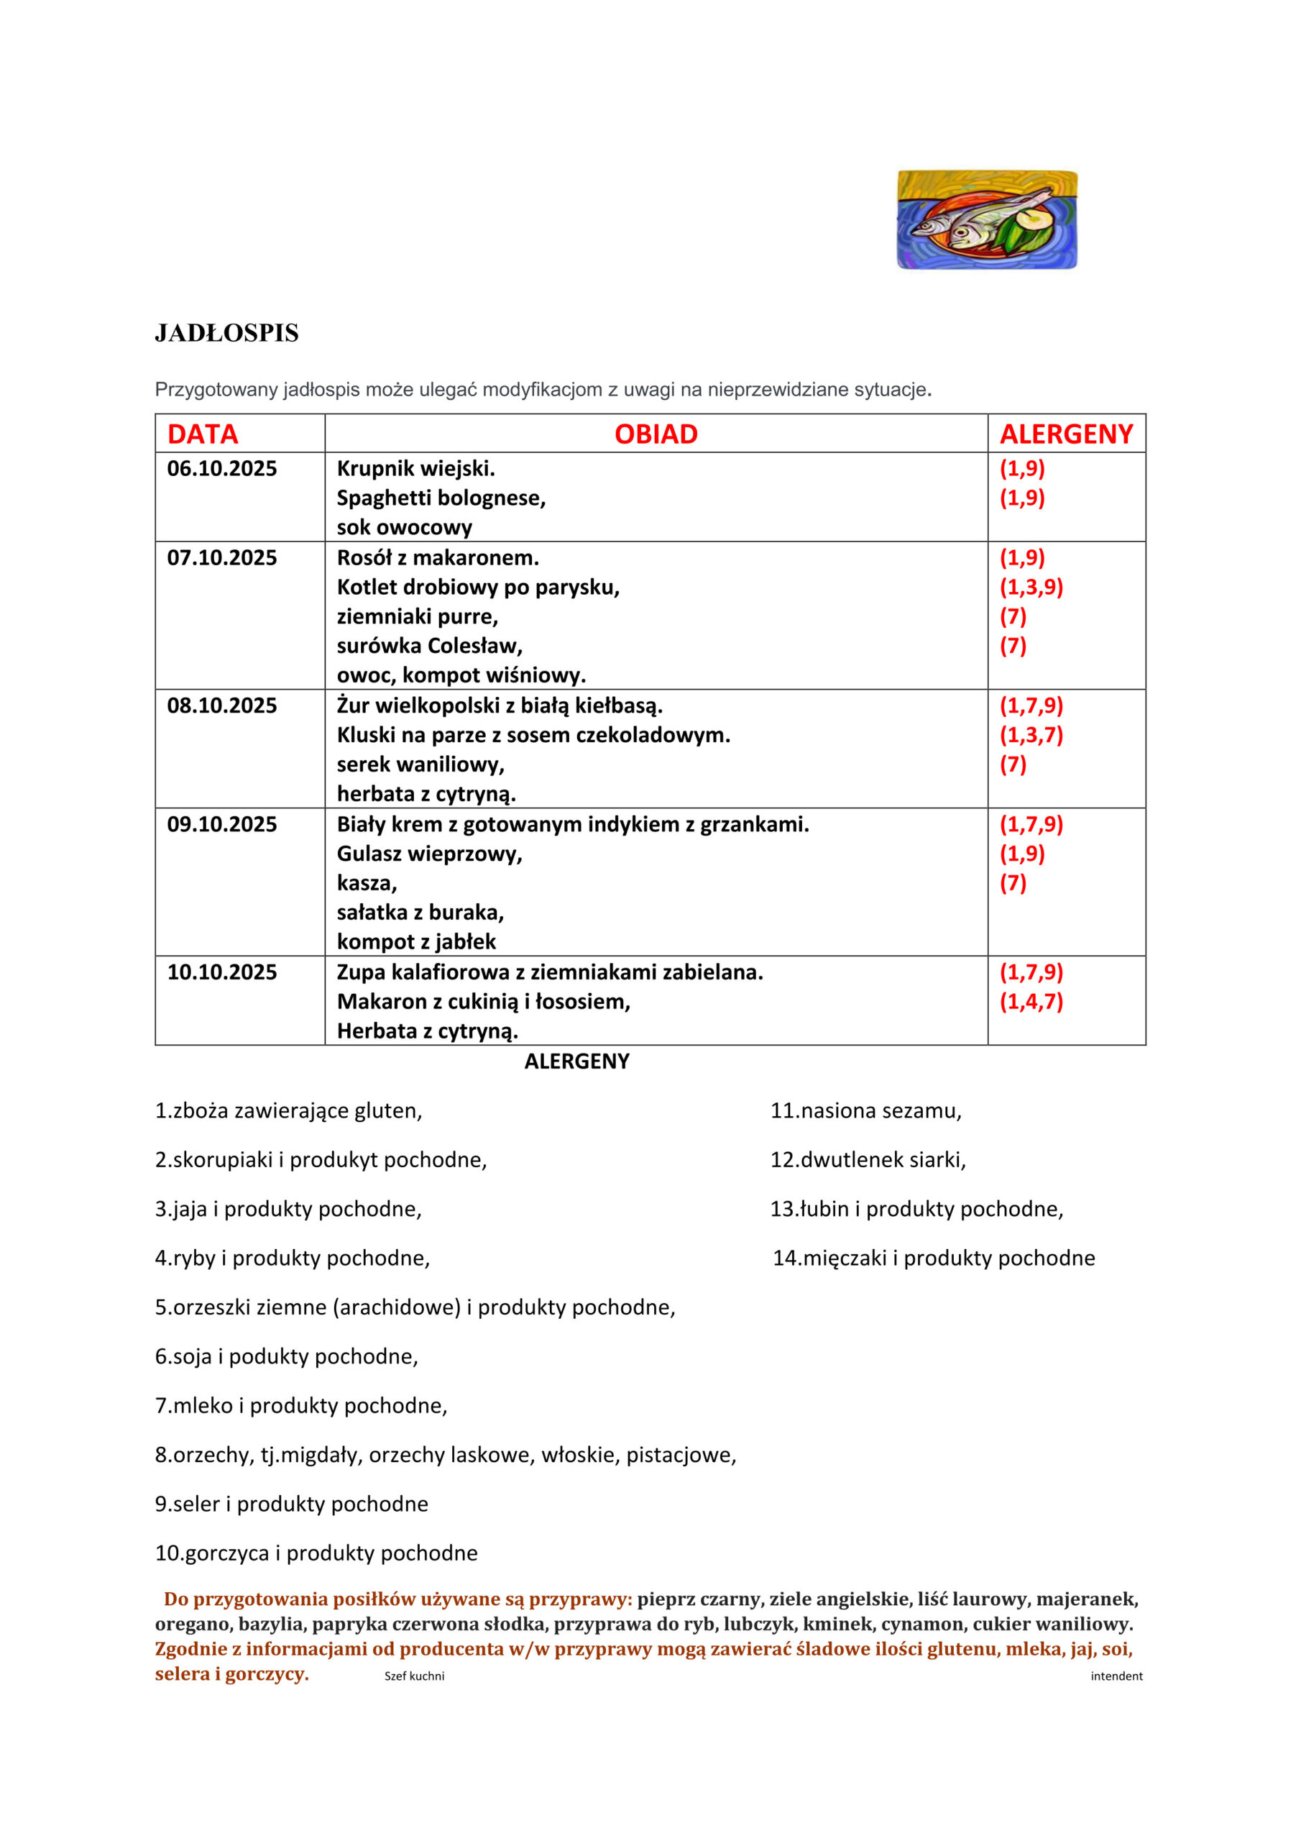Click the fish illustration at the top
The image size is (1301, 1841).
pyautogui.click(x=987, y=219)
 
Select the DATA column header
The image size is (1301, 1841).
pyautogui.click(x=202, y=434)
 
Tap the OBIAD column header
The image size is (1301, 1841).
pyautogui.click(x=656, y=434)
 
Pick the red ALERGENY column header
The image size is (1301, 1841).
pyautogui.click(x=1066, y=434)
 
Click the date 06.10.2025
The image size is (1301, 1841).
pyautogui.click(x=221, y=468)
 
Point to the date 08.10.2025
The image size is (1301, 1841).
pyautogui.click(x=221, y=705)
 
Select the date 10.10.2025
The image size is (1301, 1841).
pyautogui.click(x=221, y=972)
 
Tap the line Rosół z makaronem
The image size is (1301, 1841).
pyautogui.click(x=438, y=557)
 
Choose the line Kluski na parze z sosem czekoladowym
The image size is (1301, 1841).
pyautogui.click(x=533, y=734)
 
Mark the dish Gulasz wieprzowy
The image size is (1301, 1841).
pyautogui.click(x=429, y=853)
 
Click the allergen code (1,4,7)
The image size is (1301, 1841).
pyautogui.click(x=1031, y=1002)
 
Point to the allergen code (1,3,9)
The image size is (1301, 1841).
pyautogui.click(x=1031, y=587)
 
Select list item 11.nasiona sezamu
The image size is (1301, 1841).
pyautogui.click(x=865, y=1110)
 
